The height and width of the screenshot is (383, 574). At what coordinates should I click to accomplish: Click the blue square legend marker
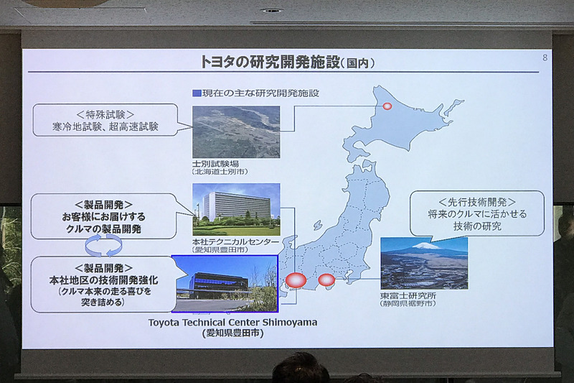[196, 93]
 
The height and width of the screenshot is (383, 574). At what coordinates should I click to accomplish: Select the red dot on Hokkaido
[387, 106]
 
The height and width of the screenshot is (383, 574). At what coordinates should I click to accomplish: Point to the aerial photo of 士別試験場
[236, 131]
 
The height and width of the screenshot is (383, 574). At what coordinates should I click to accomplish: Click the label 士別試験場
[215, 164]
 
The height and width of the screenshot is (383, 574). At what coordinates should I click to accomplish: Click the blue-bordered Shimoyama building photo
[226, 283]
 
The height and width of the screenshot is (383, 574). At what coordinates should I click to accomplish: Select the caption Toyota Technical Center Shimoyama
[232, 322]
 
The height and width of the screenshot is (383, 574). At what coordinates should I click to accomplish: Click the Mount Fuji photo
[424, 262]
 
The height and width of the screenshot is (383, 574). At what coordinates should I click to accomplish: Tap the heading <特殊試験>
[105, 114]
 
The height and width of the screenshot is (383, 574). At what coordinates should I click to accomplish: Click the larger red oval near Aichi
[296, 280]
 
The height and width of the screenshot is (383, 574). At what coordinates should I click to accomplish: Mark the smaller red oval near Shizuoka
[326, 279]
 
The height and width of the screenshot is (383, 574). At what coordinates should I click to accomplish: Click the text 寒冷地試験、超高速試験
[105, 126]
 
